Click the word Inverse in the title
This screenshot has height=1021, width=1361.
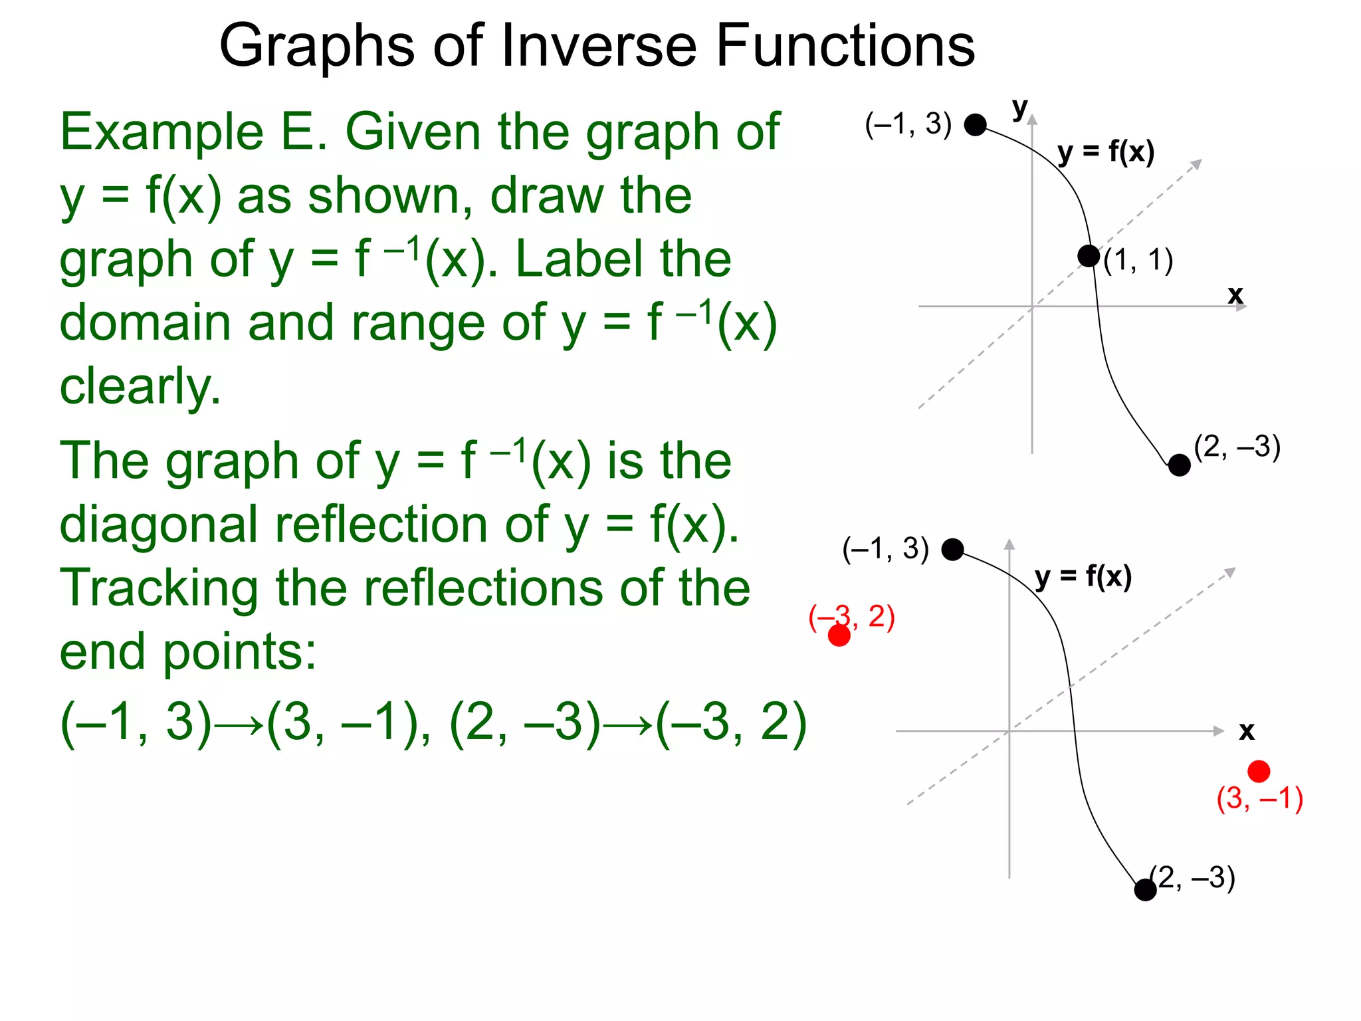coord(599,46)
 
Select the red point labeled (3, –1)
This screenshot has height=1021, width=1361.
coord(1259,771)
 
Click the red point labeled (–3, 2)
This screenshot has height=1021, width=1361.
coord(839,635)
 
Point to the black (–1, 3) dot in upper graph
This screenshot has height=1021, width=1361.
coord(975,124)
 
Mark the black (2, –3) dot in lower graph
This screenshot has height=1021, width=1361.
coord(1145,889)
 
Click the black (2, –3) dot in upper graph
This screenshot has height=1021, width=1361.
coord(1179,465)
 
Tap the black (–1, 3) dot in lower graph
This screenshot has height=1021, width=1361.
coord(952,549)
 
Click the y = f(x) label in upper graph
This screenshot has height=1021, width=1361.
coord(1106,153)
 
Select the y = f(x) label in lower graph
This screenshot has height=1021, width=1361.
coord(1083,577)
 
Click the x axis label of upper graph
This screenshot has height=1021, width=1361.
coord(1235,294)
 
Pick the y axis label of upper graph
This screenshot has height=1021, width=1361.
coord(1019,108)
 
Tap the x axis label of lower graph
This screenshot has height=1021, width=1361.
coord(1247,731)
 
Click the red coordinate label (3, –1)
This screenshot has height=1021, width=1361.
coord(1259,798)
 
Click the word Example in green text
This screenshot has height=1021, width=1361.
coord(161,132)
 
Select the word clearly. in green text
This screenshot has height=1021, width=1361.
coord(140,387)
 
